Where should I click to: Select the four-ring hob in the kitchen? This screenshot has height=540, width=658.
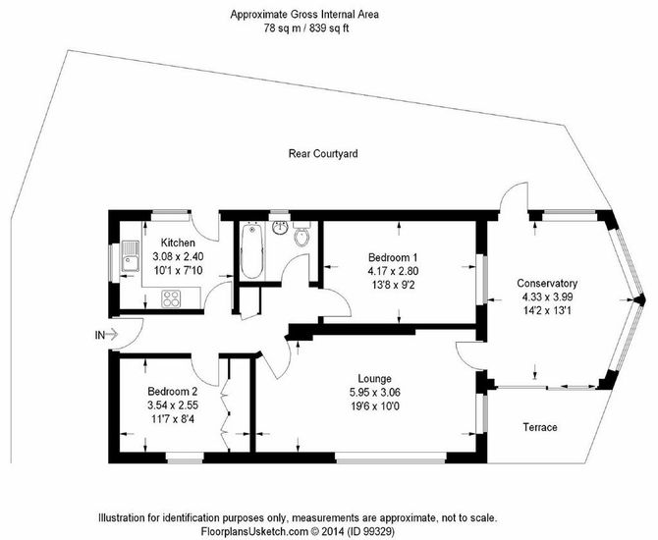(171, 297)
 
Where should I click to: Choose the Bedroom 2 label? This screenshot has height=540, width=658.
(174, 390)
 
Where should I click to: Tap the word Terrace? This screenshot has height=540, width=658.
(536, 428)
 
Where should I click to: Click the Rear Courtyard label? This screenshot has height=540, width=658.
(322, 153)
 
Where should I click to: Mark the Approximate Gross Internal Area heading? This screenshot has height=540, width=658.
(303, 14)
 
